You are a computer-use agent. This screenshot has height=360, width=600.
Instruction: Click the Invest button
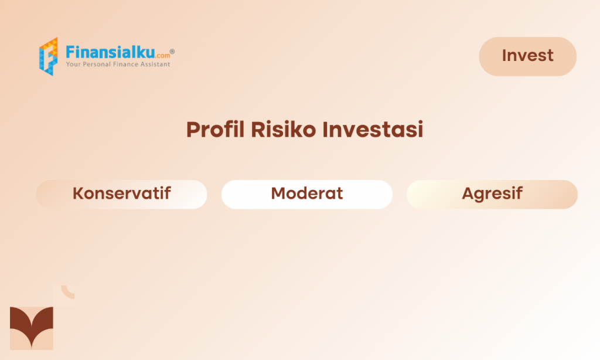528,56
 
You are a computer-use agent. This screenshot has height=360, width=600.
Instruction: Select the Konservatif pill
122,194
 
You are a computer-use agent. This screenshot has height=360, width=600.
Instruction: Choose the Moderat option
307,194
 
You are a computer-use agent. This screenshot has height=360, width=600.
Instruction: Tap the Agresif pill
492,194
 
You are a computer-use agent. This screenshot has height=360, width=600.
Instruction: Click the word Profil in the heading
215,129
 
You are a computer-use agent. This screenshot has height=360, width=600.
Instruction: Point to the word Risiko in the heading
283,129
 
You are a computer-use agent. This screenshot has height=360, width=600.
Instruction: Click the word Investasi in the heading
373,129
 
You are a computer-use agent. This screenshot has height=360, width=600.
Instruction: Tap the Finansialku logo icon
49,56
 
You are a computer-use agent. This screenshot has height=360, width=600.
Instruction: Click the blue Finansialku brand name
110,52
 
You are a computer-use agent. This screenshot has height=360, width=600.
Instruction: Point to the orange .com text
163,56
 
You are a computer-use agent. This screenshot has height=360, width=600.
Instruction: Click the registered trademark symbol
172,52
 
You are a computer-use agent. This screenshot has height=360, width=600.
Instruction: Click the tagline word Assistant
155,64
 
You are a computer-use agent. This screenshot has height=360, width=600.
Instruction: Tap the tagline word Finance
125,64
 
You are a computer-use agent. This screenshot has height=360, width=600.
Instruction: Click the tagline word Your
73,64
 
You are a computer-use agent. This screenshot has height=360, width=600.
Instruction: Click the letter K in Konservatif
79,193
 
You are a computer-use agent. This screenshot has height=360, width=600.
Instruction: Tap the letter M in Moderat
279,193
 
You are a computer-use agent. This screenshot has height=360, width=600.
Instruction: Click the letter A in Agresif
469,193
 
